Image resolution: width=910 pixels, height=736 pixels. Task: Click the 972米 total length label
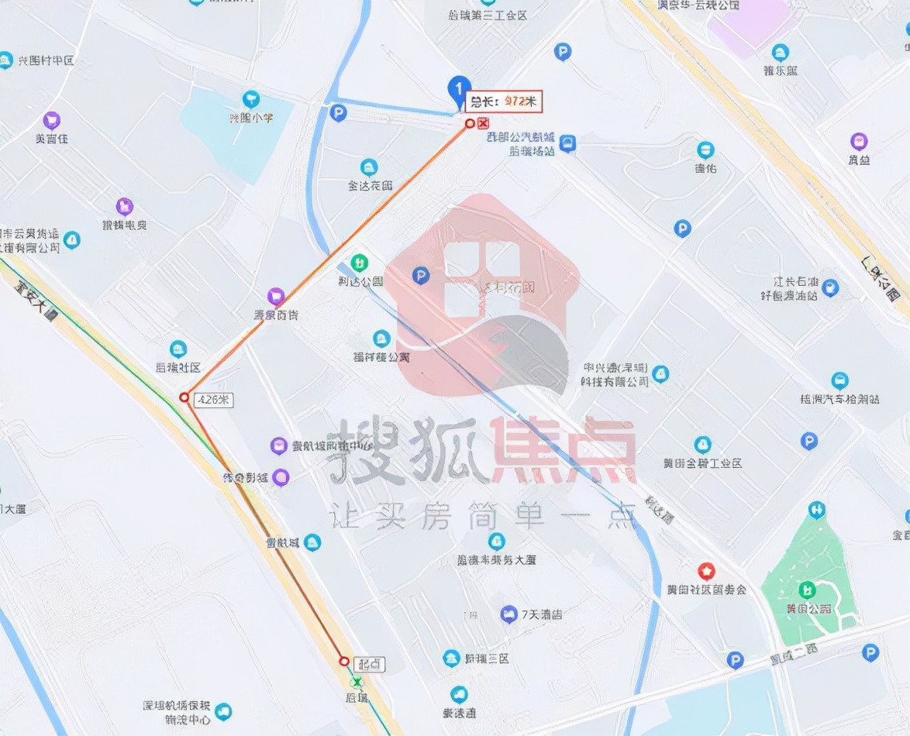[505, 101]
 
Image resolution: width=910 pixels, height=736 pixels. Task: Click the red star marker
[706, 572]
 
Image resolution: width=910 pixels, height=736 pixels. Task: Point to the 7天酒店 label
[541, 614]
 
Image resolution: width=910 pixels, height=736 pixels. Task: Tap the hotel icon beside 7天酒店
[508, 615]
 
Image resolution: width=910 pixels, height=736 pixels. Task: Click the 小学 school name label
[250, 119]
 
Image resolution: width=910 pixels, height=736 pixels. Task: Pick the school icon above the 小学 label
[250, 99]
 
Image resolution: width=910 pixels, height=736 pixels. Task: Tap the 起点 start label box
[369, 664]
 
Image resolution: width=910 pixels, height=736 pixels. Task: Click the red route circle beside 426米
[184, 397]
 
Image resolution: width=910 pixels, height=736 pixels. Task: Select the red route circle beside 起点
[344, 661]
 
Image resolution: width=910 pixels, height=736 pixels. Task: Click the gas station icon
[830, 288]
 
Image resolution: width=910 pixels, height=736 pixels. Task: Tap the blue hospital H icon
[816, 510]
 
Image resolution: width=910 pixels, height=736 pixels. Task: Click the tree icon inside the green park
[807, 590]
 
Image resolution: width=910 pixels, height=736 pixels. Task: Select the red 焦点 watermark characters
[558, 449]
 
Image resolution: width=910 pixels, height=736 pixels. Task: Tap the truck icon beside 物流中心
[224, 711]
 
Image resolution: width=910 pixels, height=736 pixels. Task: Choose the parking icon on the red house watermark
[420, 275]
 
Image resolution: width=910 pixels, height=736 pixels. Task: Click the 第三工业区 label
[488, 15]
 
